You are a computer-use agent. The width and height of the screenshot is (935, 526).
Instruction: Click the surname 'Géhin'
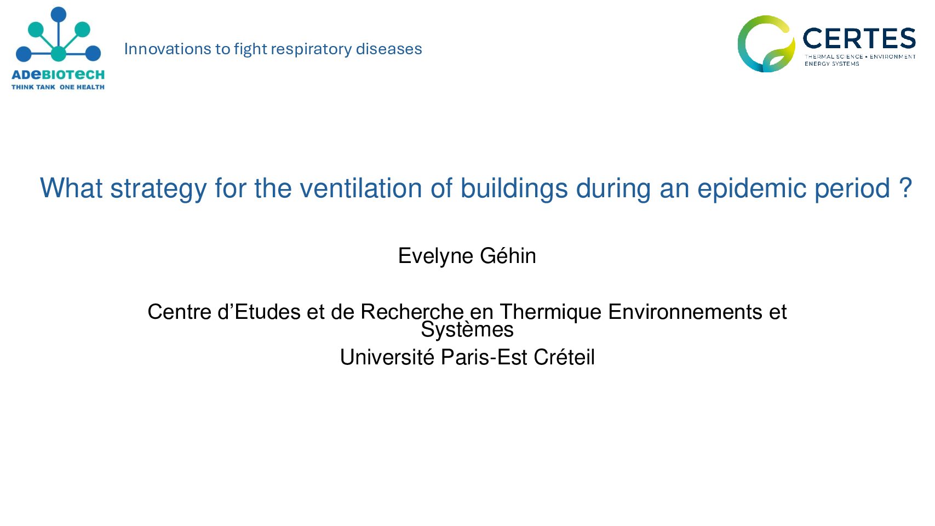pyautogui.click(x=508, y=255)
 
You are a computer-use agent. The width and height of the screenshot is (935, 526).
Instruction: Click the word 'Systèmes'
pyautogui.click(x=467, y=330)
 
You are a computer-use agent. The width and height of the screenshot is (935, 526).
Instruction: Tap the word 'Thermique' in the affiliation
pyautogui.click(x=550, y=312)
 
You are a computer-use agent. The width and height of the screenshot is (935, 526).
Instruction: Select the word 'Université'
pyautogui.click(x=387, y=357)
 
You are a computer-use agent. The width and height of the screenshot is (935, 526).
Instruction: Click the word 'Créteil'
pyautogui.click(x=564, y=357)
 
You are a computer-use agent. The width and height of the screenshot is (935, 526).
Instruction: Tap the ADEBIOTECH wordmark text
pyautogui.click(x=58, y=75)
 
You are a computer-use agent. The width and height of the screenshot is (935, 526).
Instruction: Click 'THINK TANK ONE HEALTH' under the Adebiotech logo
pyautogui.click(x=58, y=87)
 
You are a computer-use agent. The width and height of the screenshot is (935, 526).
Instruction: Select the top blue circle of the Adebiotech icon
pyautogui.click(x=59, y=14)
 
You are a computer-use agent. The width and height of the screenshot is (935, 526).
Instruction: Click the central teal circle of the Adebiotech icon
pyautogui.click(x=59, y=54)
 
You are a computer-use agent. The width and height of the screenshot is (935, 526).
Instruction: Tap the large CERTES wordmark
pyautogui.click(x=859, y=38)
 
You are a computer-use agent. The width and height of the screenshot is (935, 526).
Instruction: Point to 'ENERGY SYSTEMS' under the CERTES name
pyautogui.click(x=832, y=64)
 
